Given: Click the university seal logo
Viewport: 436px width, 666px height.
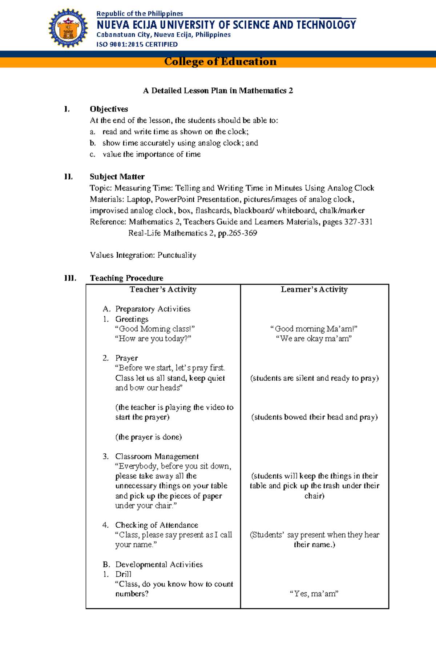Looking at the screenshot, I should tap(68, 28).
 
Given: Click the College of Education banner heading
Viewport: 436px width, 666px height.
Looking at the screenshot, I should tap(220, 62).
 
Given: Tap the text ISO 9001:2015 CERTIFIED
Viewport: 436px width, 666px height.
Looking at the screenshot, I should tap(137, 44).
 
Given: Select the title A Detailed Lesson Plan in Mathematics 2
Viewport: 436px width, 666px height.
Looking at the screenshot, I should tap(218, 91).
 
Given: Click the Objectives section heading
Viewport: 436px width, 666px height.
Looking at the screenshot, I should tap(109, 109).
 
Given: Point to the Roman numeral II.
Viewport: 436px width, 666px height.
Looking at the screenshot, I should tap(68, 177).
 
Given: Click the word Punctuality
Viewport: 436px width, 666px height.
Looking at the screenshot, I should tap(177, 255).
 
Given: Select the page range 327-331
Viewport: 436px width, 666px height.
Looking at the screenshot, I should tap(358, 222).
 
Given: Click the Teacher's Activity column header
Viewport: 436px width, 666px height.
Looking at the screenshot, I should tap(163, 289).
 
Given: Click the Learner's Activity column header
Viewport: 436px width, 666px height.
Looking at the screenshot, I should tap(314, 289).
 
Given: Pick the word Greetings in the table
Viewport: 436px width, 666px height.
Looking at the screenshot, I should tap(132, 319).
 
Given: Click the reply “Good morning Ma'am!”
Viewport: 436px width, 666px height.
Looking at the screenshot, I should tap(314, 329).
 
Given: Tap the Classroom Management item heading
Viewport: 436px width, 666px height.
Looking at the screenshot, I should tap(157, 456).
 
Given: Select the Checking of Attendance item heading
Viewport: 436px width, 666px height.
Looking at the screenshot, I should tap(157, 525).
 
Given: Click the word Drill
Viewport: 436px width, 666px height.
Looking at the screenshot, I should tap(123, 574).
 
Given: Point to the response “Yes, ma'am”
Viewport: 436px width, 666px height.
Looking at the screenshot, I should tap(314, 594).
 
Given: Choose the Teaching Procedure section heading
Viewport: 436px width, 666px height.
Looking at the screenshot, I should tap(126, 278).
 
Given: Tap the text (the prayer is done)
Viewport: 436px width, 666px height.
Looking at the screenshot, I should tap(148, 437).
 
